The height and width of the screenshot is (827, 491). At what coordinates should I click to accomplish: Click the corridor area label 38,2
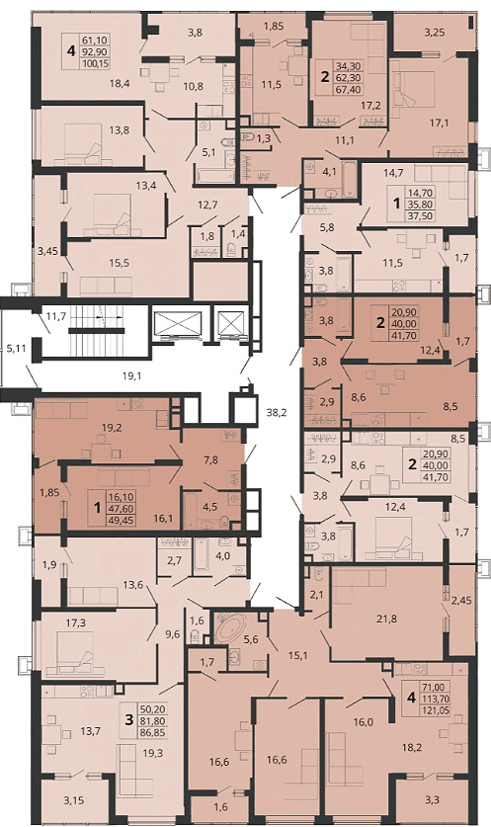(276, 413)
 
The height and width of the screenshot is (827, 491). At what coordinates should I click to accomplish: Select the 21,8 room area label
(386, 620)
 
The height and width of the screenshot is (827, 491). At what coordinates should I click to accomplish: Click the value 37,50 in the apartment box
(420, 215)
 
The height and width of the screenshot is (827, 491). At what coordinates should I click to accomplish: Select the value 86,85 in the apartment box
(152, 732)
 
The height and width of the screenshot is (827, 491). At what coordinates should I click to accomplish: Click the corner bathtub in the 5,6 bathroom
(230, 627)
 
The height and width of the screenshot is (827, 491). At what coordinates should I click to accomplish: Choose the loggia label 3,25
(435, 33)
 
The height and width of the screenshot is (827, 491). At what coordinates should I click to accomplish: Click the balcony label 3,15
(74, 800)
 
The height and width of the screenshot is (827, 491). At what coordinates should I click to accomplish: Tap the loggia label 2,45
(461, 600)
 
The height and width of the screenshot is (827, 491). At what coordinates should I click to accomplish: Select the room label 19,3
(153, 753)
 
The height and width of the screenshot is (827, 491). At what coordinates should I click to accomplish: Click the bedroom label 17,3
(75, 622)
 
